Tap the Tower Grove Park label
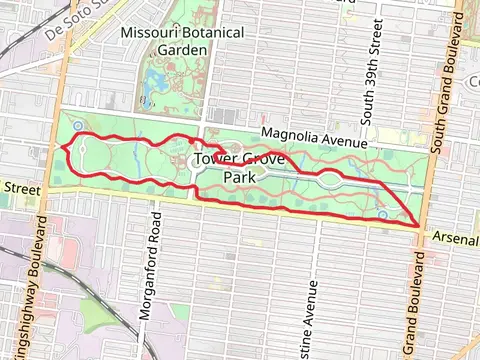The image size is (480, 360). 225,168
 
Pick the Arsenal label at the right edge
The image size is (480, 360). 458,238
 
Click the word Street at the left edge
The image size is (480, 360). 20,188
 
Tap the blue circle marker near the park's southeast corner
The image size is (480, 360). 383,214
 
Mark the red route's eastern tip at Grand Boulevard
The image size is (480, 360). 416,225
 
